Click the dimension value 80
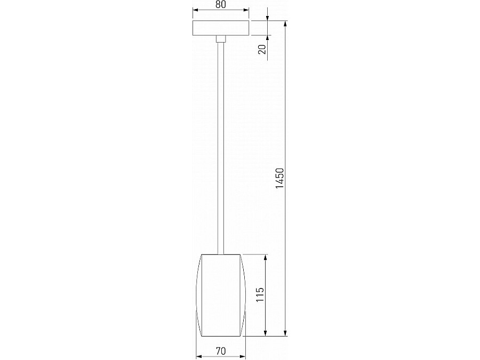click(x=220, y=5)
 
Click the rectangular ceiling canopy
click(x=220, y=28)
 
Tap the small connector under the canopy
click(x=220, y=38)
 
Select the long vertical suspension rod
click(x=220, y=144)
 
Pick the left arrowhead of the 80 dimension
click(x=195, y=10)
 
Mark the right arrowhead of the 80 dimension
click(x=246, y=10)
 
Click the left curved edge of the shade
click(x=198, y=295)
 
